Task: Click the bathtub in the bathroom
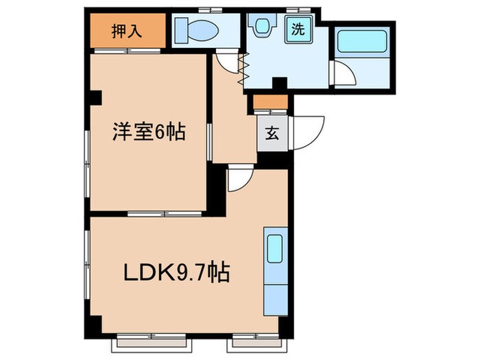(363, 42)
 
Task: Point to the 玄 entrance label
(272, 133)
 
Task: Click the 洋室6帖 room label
(149, 132)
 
